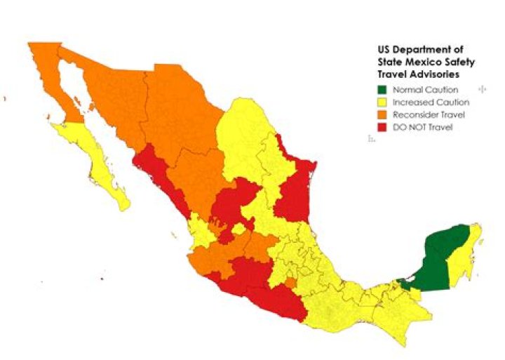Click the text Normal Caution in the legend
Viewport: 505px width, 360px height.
[425, 90]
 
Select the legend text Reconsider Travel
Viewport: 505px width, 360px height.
[428, 114]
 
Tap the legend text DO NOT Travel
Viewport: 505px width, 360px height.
[423, 127]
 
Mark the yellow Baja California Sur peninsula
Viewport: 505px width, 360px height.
[98, 165]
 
